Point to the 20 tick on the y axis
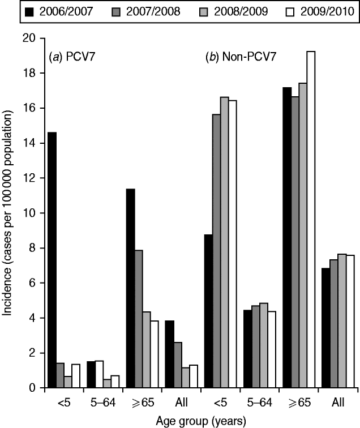point(28,38)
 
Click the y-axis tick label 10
point(28,213)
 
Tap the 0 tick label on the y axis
point(32,388)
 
